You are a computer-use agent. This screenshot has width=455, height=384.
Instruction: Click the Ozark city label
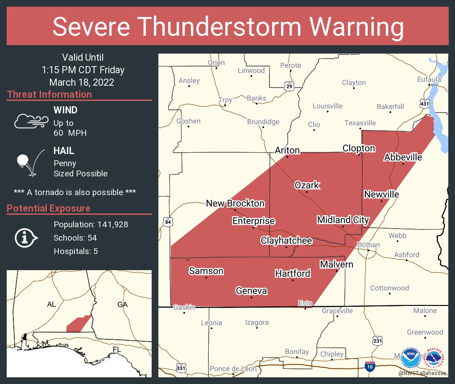[x=307, y=185]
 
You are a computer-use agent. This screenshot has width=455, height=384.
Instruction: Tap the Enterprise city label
[x=253, y=221]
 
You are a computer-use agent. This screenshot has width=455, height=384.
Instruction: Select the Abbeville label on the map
[x=403, y=157]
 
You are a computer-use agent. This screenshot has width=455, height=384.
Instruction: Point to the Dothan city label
[x=368, y=245]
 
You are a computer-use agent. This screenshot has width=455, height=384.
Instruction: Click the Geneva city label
[x=251, y=291]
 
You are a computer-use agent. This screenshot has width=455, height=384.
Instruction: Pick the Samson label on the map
[x=206, y=271]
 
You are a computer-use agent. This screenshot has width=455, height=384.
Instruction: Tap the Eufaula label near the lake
[x=429, y=79]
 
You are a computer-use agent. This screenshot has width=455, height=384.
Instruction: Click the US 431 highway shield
[x=424, y=104]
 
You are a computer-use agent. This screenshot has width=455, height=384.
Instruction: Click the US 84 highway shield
[x=167, y=222]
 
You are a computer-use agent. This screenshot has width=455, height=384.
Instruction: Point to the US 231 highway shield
[x=377, y=341]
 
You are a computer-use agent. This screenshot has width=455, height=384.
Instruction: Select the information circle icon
[x=25, y=238]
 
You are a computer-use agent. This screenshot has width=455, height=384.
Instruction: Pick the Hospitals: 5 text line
[x=76, y=251]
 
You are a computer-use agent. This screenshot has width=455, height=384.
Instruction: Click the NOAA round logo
[x=410, y=358]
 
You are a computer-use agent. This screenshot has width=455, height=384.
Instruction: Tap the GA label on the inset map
[x=122, y=305]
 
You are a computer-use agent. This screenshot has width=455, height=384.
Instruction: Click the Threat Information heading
[x=49, y=95]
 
